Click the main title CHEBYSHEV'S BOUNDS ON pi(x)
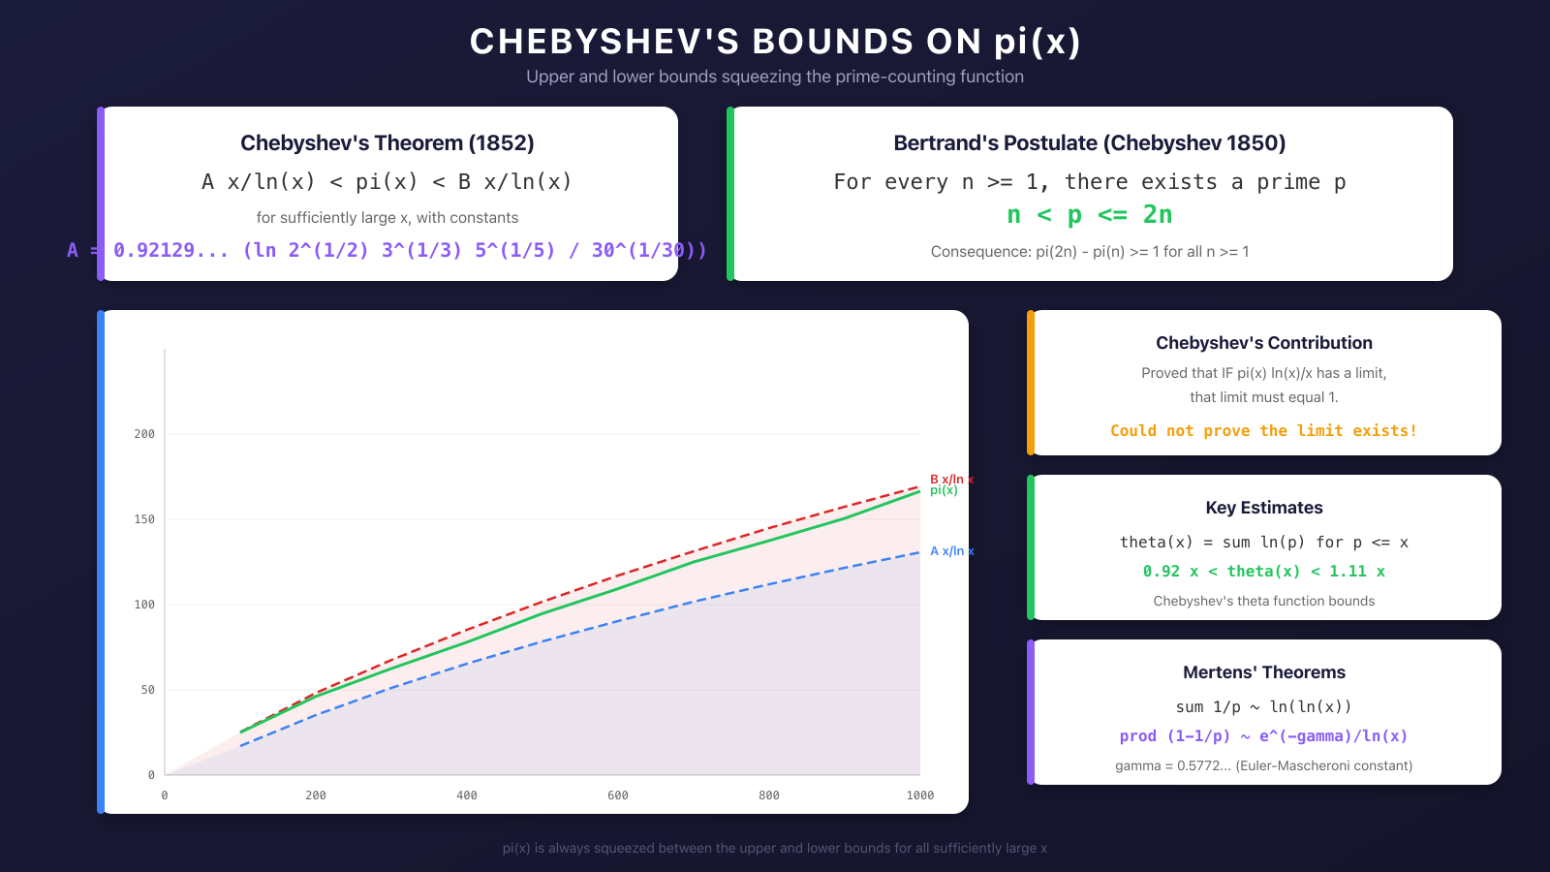pyautogui.click(x=775, y=42)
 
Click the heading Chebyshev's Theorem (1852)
pyautogui.click(x=387, y=143)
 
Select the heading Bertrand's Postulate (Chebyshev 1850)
pyautogui.click(x=1090, y=143)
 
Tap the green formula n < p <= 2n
pyautogui.click(x=1090, y=215)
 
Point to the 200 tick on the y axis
pyautogui.click(x=144, y=434)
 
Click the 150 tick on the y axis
pyautogui.click(x=144, y=519)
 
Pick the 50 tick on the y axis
pyautogui.click(x=147, y=690)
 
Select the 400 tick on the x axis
pyautogui.click(x=467, y=795)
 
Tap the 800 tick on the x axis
pyautogui.click(x=769, y=795)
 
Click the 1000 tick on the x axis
pyautogui.click(x=920, y=795)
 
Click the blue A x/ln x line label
pyautogui.click(x=951, y=551)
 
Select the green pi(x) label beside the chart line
pyautogui.click(x=944, y=491)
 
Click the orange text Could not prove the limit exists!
pyautogui.click(x=1264, y=431)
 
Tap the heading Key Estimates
pyautogui.click(x=1264, y=508)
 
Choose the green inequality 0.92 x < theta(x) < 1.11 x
pyautogui.click(x=1264, y=572)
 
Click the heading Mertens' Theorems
pyautogui.click(x=1264, y=672)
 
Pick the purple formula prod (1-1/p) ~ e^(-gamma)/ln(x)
pyautogui.click(x=1264, y=736)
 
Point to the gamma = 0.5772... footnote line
pyautogui.click(x=1264, y=765)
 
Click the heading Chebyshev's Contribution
pyautogui.click(x=1264, y=343)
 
